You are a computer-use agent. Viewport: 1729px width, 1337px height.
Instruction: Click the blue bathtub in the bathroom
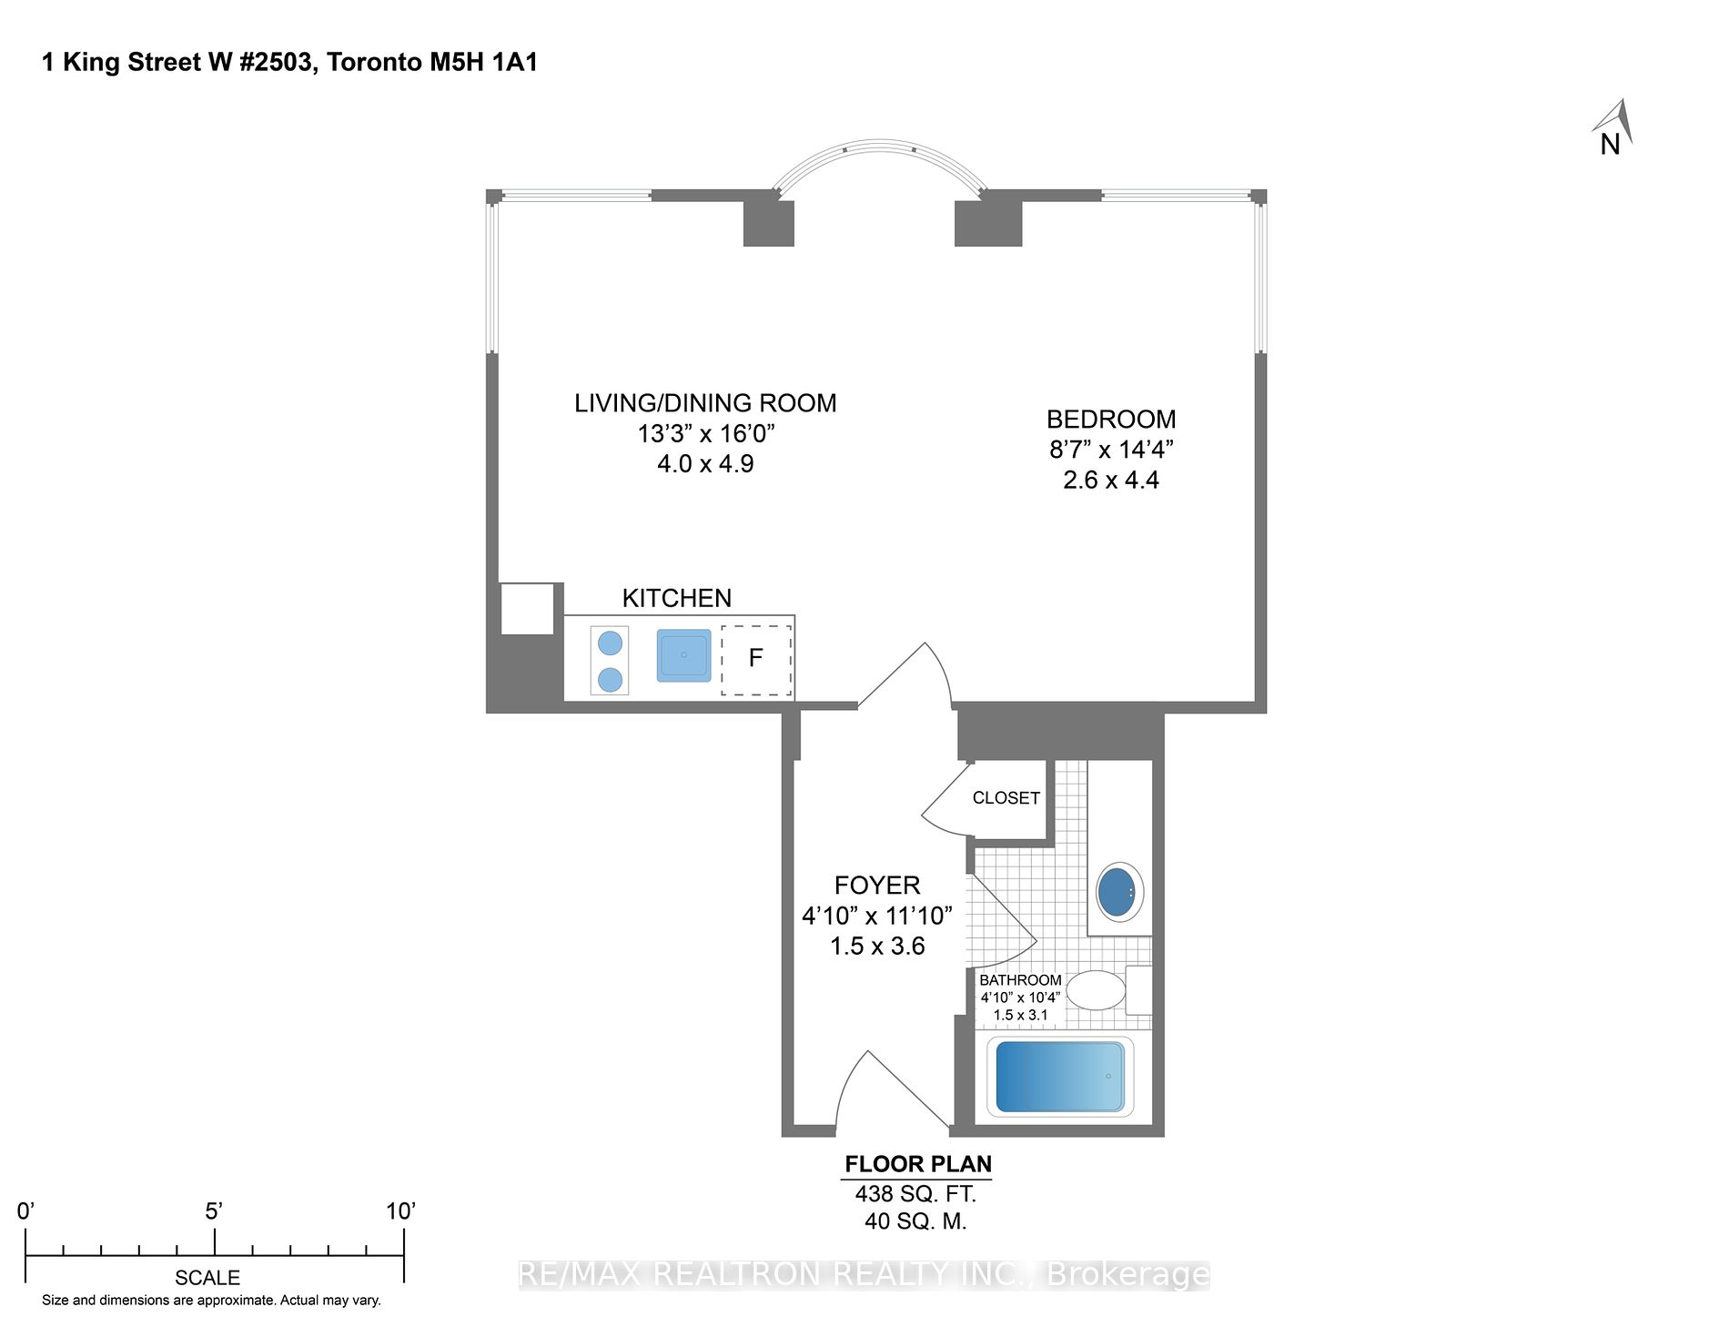(1060, 1077)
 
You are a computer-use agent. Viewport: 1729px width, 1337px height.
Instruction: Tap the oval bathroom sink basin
(1119, 893)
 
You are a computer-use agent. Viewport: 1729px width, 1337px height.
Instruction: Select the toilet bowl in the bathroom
(1096, 990)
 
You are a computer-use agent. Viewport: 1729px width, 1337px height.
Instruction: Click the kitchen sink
(683, 655)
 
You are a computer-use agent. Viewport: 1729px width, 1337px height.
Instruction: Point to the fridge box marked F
(755, 660)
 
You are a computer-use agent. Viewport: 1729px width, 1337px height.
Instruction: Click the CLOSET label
(1006, 798)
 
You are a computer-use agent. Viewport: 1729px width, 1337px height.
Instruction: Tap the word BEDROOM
(1110, 420)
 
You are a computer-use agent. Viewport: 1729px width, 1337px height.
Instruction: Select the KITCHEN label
(676, 598)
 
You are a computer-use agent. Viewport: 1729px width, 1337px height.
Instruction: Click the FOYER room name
(877, 886)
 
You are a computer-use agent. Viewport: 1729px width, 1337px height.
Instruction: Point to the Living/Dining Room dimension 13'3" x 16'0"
(705, 434)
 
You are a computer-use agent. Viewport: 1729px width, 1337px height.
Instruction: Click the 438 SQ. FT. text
(915, 1194)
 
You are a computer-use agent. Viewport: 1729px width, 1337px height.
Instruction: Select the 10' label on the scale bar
(400, 1211)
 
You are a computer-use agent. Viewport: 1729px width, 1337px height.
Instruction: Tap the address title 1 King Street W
(289, 63)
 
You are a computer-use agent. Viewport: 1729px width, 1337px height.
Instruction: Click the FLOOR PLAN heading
(917, 1164)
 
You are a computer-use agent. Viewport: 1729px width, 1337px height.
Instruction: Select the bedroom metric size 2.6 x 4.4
(1110, 481)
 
